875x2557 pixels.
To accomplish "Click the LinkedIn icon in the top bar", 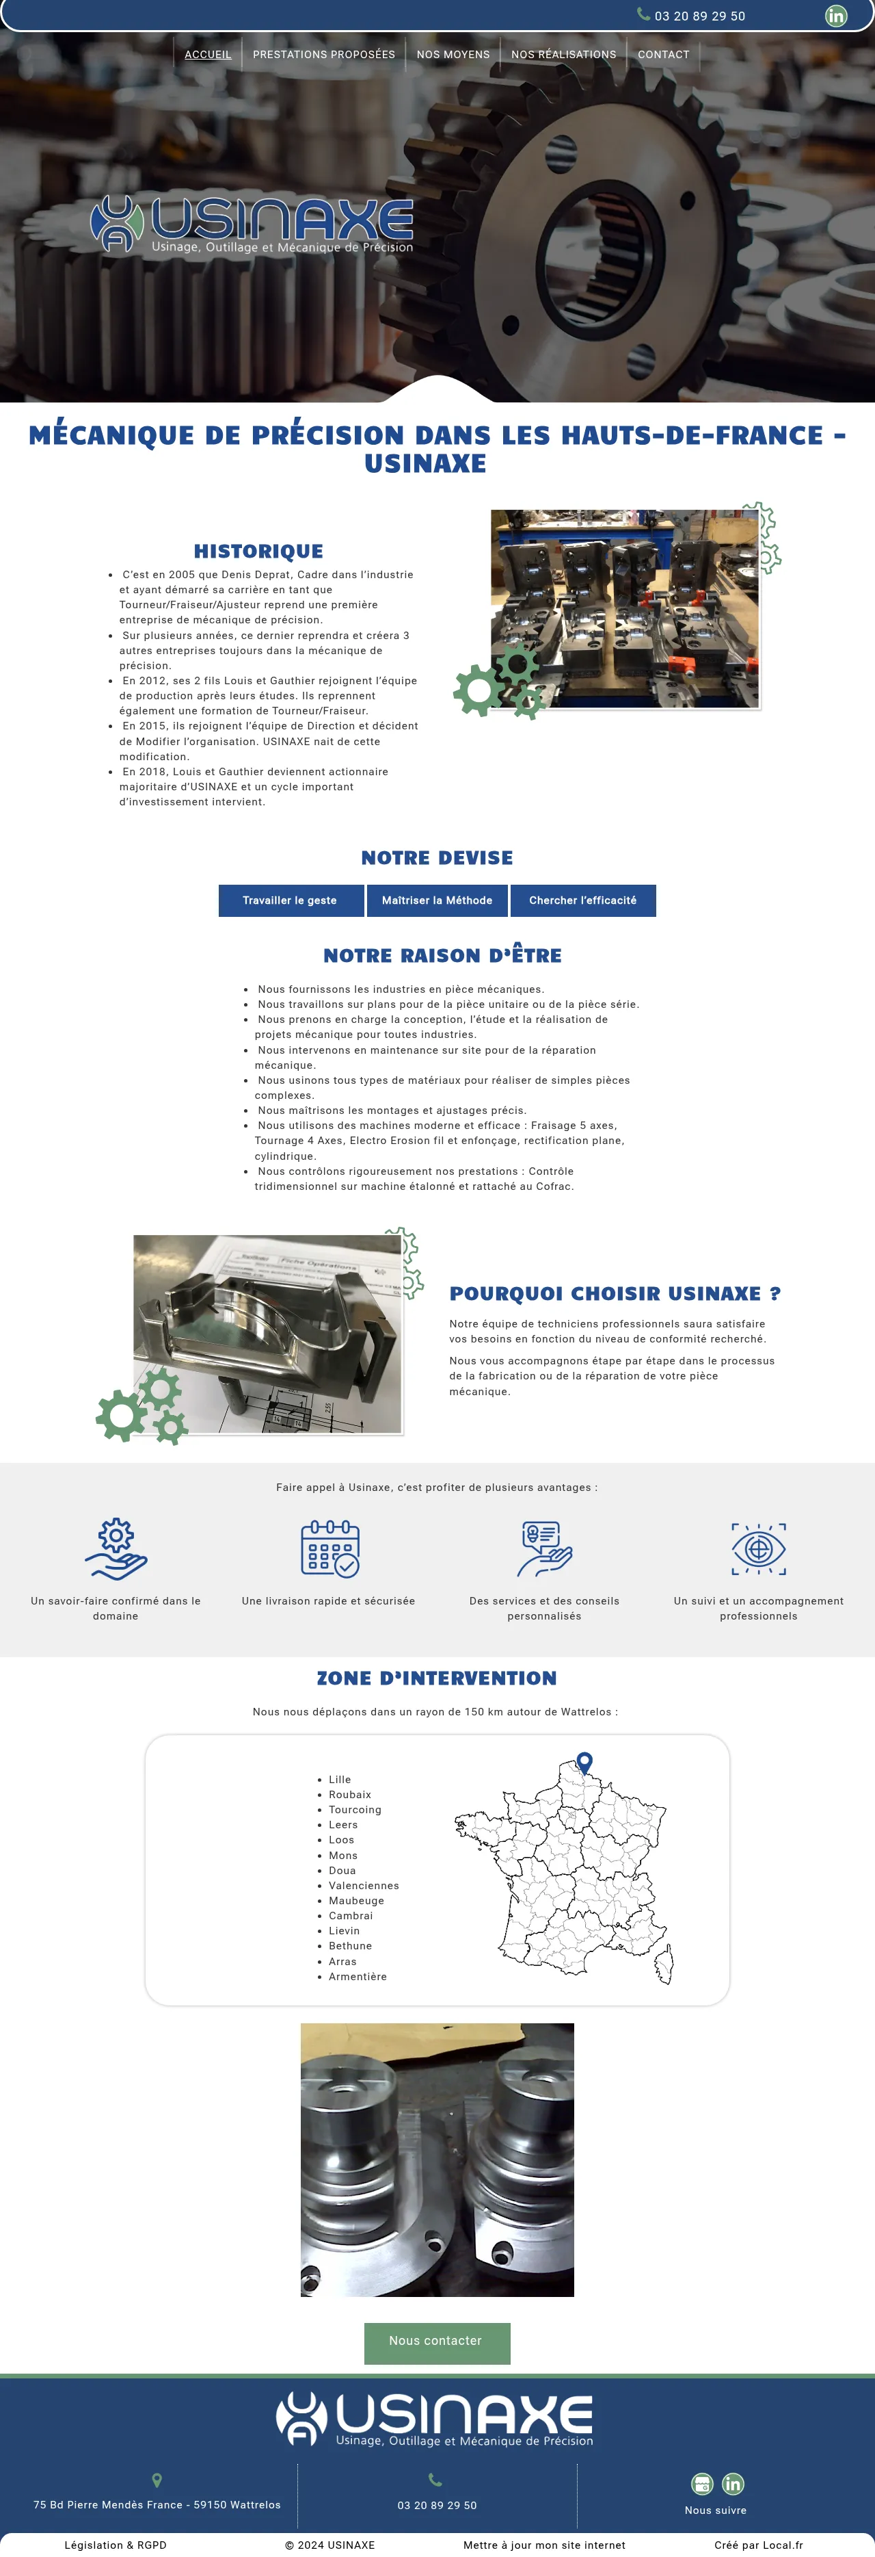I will pyautogui.click(x=836, y=16).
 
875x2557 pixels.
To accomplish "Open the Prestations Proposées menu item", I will pyautogui.click(x=323, y=55).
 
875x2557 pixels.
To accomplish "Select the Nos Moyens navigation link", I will pyautogui.click(x=453, y=55).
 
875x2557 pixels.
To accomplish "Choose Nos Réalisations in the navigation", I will pyautogui.click(x=563, y=55).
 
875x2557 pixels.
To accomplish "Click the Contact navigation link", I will pyautogui.click(x=662, y=55).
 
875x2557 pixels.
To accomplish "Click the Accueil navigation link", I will pyautogui.click(x=207, y=55).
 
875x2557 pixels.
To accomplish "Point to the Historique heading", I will pyautogui.click(x=258, y=551).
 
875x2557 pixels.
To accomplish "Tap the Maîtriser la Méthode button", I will pyautogui.click(x=437, y=900).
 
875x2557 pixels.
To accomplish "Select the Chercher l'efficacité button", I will pyautogui.click(x=582, y=900).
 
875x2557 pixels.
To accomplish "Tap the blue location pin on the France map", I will pyautogui.click(x=585, y=1762).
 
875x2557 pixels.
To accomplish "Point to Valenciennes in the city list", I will pyautogui.click(x=363, y=1886).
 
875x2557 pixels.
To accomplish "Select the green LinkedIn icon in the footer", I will pyautogui.click(x=732, y=2484).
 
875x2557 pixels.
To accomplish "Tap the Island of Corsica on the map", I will pyautogui.click(x=664, y=1963).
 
